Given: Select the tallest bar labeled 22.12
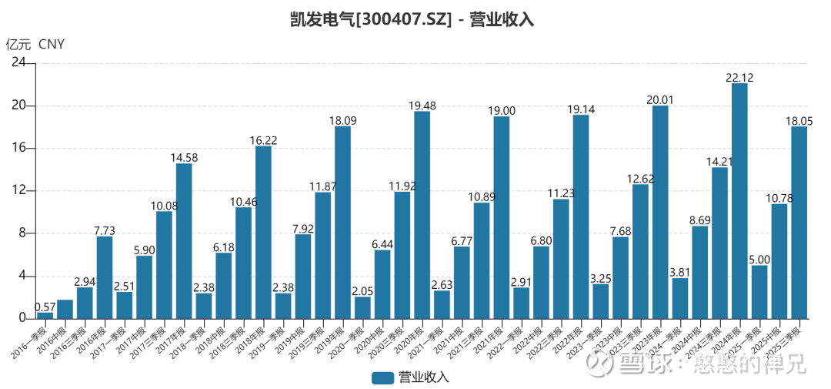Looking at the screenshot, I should [x=739, y=200].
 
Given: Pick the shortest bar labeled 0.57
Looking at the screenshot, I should [x=45, y=315].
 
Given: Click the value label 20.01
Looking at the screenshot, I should [x=660, y=99].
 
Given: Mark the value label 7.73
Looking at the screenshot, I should [x=105, y=230].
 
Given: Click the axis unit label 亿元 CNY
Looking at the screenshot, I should [x=35, y=44].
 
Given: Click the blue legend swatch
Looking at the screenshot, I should [x=382, y=377].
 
